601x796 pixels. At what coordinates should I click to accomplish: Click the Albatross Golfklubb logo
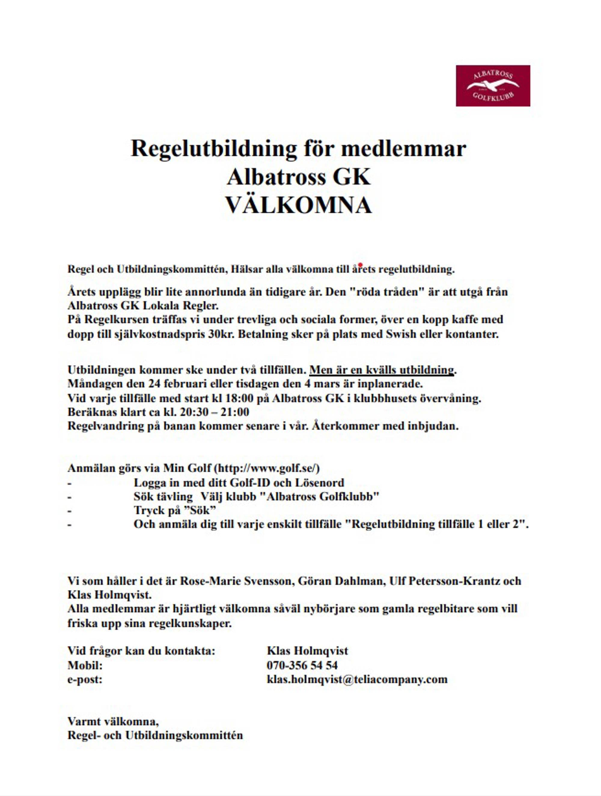coord(493,86)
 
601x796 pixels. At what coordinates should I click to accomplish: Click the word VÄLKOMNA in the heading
coord(298,205)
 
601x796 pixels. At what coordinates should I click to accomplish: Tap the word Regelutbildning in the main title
coord(213,149)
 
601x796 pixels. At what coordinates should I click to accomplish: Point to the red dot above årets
coord(360,265)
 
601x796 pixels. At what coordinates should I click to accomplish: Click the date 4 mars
coord(321,384)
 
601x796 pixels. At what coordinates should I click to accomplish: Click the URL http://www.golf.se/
coord(267,468)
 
